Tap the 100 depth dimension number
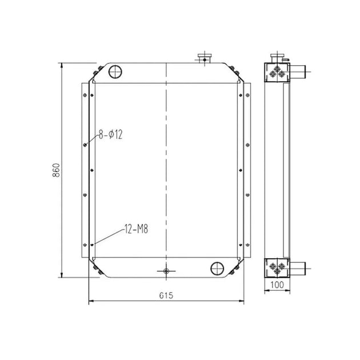pos(277,284)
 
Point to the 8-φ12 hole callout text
pos(111,135)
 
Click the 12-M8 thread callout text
pos(136,230)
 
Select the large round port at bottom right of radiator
pos(218,269)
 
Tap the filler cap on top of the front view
pos(203,57)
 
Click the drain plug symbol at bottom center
pos(166,270)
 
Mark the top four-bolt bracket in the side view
pos(277,72)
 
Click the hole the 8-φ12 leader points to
pos(85,144)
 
